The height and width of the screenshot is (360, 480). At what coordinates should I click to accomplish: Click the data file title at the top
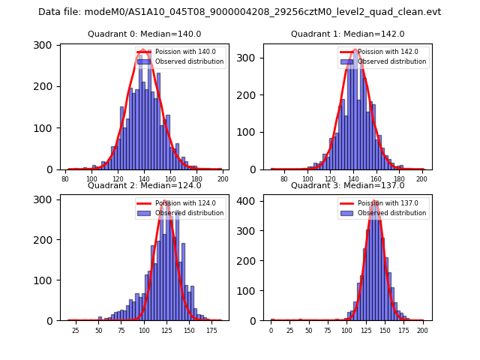pyautogui.click(x=240, y=12)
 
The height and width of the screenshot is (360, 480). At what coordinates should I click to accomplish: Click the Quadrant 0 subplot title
pyautogui.click(x=145, y=34)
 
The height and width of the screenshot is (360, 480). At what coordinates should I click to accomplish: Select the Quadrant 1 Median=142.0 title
pyautogui.click(x=347, y=34)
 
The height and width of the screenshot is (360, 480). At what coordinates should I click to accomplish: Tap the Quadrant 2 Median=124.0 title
pyautogui.click(x=145, y=185)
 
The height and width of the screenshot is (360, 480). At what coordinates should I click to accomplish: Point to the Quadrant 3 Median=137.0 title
pyautogui.click(x=347, y=185)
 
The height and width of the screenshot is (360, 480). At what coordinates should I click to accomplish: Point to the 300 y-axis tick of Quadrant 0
pyautogui.click(x=46, y=45)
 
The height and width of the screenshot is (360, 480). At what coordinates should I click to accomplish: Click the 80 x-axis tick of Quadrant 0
pyautogui.click(x=66, y=179)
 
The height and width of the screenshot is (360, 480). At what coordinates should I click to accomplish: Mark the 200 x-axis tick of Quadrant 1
pyautogui.click(x=421, y=179)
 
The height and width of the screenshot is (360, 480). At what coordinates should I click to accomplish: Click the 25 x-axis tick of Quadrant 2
pyautogui.click(x=76, y=331)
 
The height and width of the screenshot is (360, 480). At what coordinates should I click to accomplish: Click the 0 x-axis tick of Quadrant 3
pyautogui.click(x=271, y=331)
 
